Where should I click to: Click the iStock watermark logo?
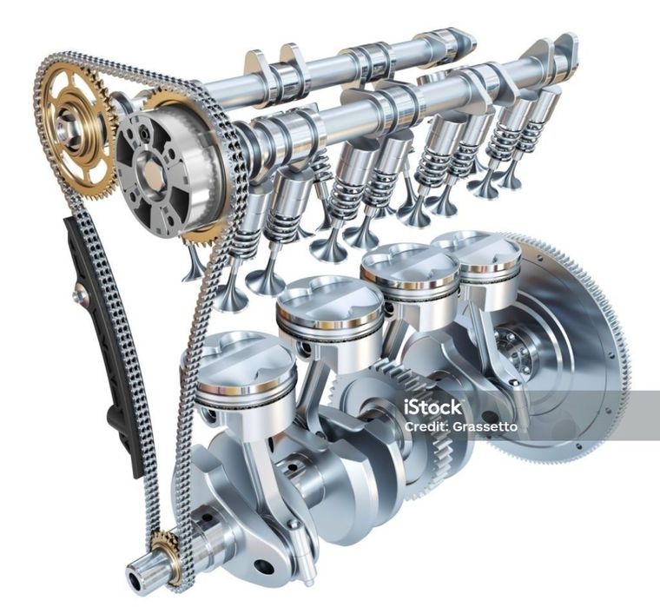coord(432,407)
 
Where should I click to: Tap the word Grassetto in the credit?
coord(485,427)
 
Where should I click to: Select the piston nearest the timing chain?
coord(239,379)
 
